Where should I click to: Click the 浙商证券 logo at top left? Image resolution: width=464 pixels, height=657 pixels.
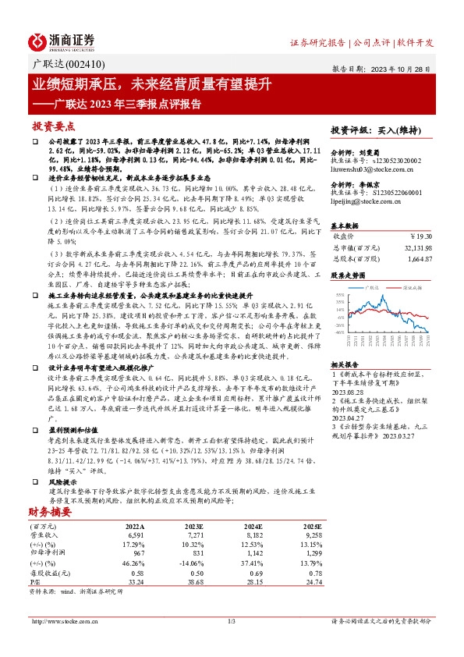click(62, 41)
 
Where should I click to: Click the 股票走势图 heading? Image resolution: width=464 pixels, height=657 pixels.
click(349, 275)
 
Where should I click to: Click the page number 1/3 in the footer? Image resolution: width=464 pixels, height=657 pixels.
click(232, 621)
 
